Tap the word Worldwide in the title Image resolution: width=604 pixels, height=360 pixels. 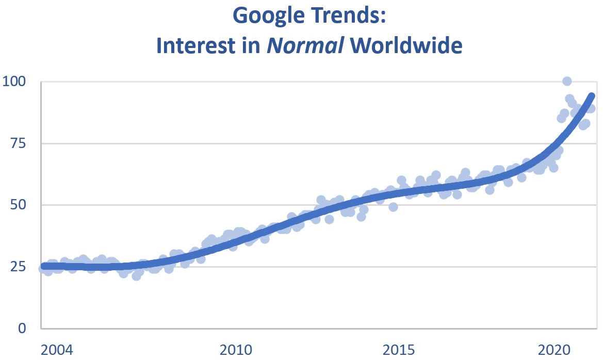406,45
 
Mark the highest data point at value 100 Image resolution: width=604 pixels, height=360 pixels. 567,81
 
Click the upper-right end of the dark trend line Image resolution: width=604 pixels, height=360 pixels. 592,96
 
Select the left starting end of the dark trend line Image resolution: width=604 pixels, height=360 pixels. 44,266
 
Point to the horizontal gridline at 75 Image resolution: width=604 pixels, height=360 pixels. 309,143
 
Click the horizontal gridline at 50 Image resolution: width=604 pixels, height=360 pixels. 155,205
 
